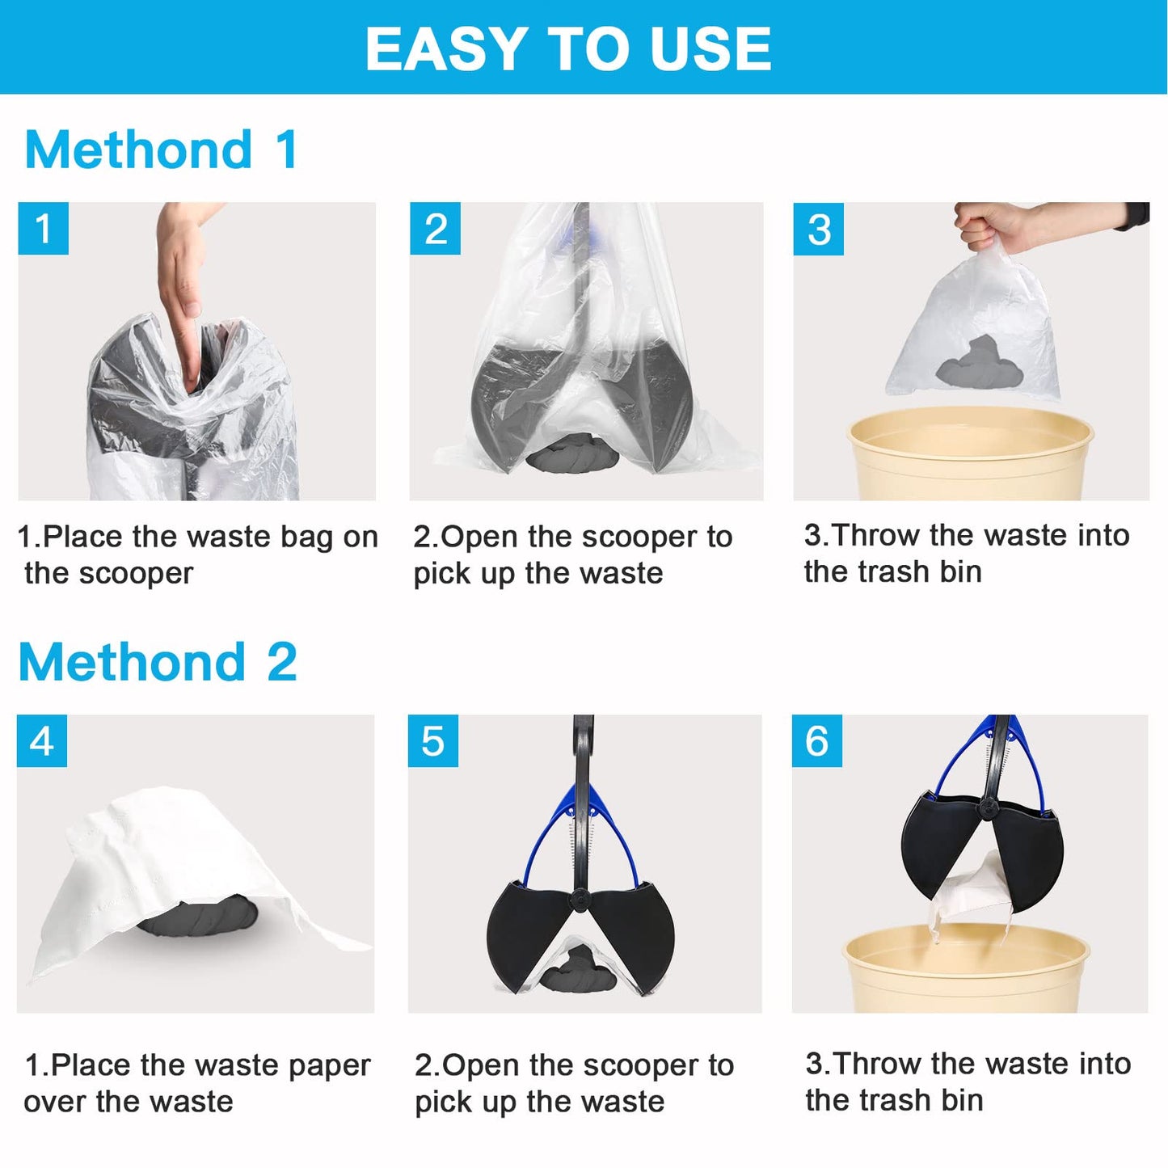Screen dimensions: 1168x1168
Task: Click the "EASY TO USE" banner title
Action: tap(567, 48)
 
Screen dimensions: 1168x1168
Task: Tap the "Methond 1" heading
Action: tap(162, 150)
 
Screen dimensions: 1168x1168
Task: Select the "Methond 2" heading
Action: tap(158, 662)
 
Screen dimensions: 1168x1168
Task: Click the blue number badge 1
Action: tap(43, 229)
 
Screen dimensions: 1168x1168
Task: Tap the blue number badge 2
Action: tap(435, 229)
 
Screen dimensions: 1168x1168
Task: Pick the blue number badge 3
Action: tap(818, 230)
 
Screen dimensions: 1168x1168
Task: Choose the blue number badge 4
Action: tap(42, 740)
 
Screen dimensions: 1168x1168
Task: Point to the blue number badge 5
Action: tap(432, 740)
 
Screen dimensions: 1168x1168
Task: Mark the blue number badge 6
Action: tap(816, 740)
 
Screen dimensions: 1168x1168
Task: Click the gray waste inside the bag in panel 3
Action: tap(979, 363)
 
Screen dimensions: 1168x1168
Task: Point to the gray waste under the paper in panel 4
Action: tap(197, 917)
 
